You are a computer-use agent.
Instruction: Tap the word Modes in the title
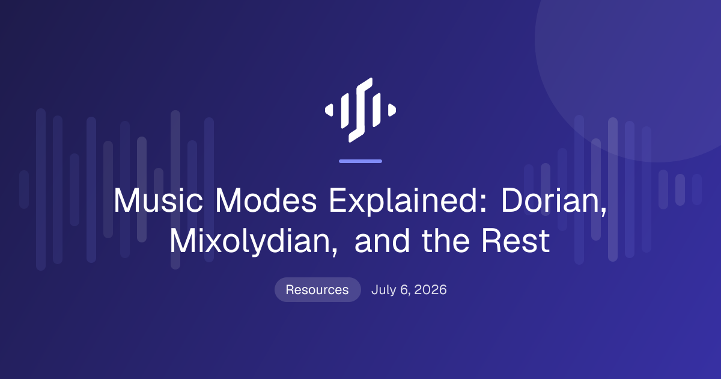pyautogui.click(x=266, y=200)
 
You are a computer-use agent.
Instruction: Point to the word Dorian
pyautogui.click(x=551, y=200)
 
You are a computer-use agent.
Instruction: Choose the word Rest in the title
pyautogui.click(x=516, y=241)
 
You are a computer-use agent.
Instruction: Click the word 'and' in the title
pyautogui.click(x=382, y=241)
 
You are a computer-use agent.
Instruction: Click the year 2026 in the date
pyautogui.click(x=430, y=290)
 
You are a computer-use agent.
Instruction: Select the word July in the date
pyautogui.click(x=384, y=290)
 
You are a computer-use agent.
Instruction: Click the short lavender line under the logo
pyautogui.click(x=360, y=161)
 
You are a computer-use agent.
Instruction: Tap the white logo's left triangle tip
pyautogui.click(x=326, y=110)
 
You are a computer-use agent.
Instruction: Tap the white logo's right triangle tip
pyautogui.click(x=395, y=110)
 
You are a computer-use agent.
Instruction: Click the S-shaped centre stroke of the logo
pyautogui.click(x=360, y=110)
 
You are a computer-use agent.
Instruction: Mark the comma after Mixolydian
pyautogui.click(x=335, y=251)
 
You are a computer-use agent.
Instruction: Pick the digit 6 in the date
pyautogui.click(x=404, y=290)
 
